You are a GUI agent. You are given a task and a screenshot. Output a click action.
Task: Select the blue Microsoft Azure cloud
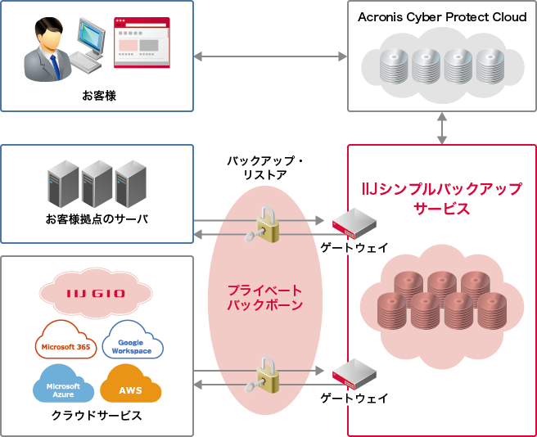(x=63, y=388)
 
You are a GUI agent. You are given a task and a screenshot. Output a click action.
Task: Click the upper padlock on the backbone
(x=268, y=224)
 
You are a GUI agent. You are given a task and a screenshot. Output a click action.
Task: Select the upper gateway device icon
(x=354, y=221)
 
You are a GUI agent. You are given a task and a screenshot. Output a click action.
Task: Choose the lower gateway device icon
(x=354, y=374)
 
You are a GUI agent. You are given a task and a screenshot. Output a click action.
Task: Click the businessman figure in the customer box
(x=48, y=50)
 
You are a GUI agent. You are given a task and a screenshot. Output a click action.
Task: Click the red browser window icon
(x=142, y=41)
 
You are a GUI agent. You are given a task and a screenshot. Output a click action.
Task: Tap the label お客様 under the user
(x=98, y=96)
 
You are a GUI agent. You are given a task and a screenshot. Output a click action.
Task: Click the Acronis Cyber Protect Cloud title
(x=442, y=17)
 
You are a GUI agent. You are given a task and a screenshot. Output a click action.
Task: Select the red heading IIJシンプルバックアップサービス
(x=442, y=199)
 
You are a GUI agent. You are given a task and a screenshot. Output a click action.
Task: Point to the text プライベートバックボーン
(x=266, y=298)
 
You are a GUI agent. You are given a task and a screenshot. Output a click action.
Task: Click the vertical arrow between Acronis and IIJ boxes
(x=442, y=128)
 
